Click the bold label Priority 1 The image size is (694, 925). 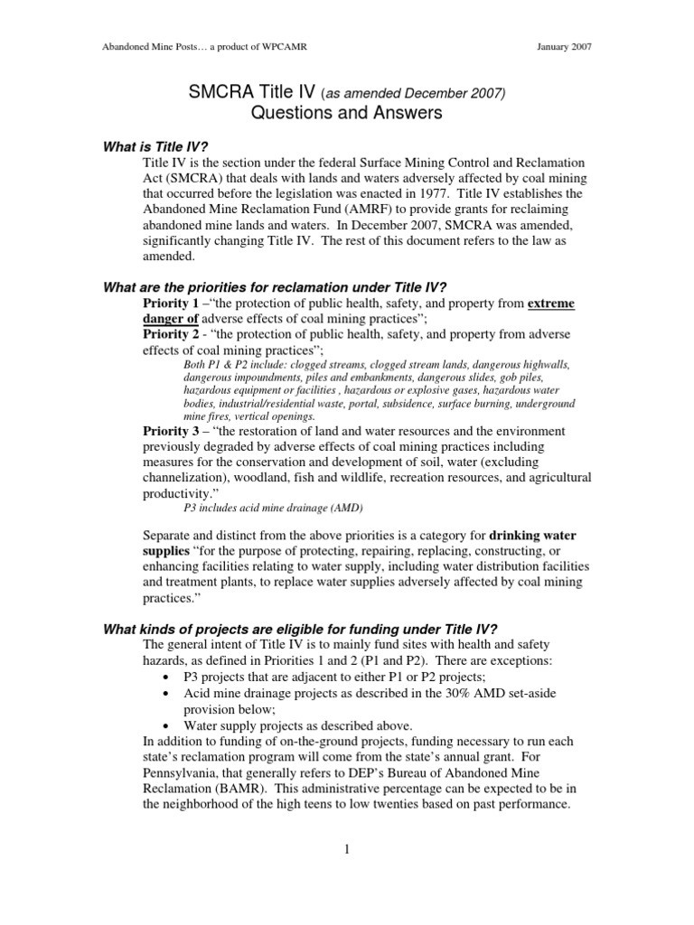tap(173, 302)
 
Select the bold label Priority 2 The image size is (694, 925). tap(173, 334)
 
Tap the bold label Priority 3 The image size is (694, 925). tap(173, 431)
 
